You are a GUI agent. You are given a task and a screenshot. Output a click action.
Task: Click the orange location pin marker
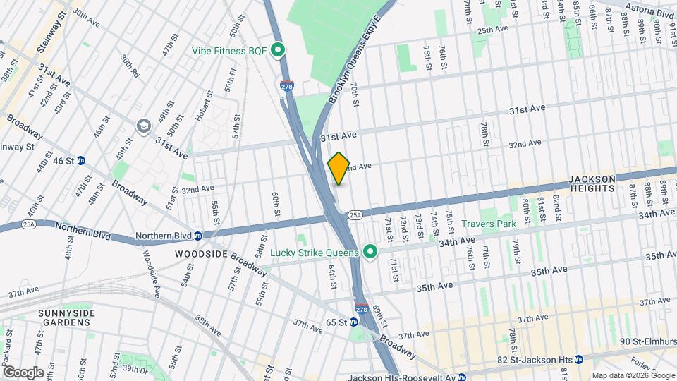click(338, 168)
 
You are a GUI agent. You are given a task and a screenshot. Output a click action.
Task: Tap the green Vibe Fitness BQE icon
click(278, 50)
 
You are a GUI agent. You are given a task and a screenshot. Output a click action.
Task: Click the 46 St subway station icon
click(82, 161)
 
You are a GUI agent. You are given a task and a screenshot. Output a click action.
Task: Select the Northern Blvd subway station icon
click(198, 236)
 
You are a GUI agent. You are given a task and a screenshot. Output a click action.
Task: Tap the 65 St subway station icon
click(354, 322)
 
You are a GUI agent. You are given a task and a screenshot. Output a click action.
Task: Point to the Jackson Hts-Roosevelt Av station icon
click(461, 377)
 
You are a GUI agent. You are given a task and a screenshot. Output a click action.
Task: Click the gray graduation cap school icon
click(144, 125)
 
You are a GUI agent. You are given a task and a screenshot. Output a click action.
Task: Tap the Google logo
click(23, 372)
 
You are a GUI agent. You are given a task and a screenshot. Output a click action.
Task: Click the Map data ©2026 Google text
click(632, 375)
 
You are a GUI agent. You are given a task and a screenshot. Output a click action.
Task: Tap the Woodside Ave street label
click(153, 262)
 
